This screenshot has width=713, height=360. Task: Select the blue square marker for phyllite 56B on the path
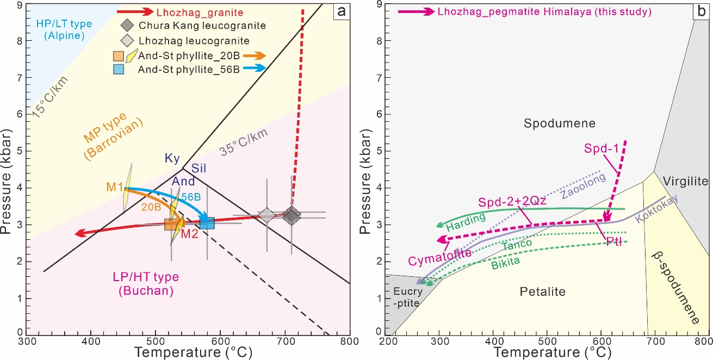pyautogui.click(x=207, y=222)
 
